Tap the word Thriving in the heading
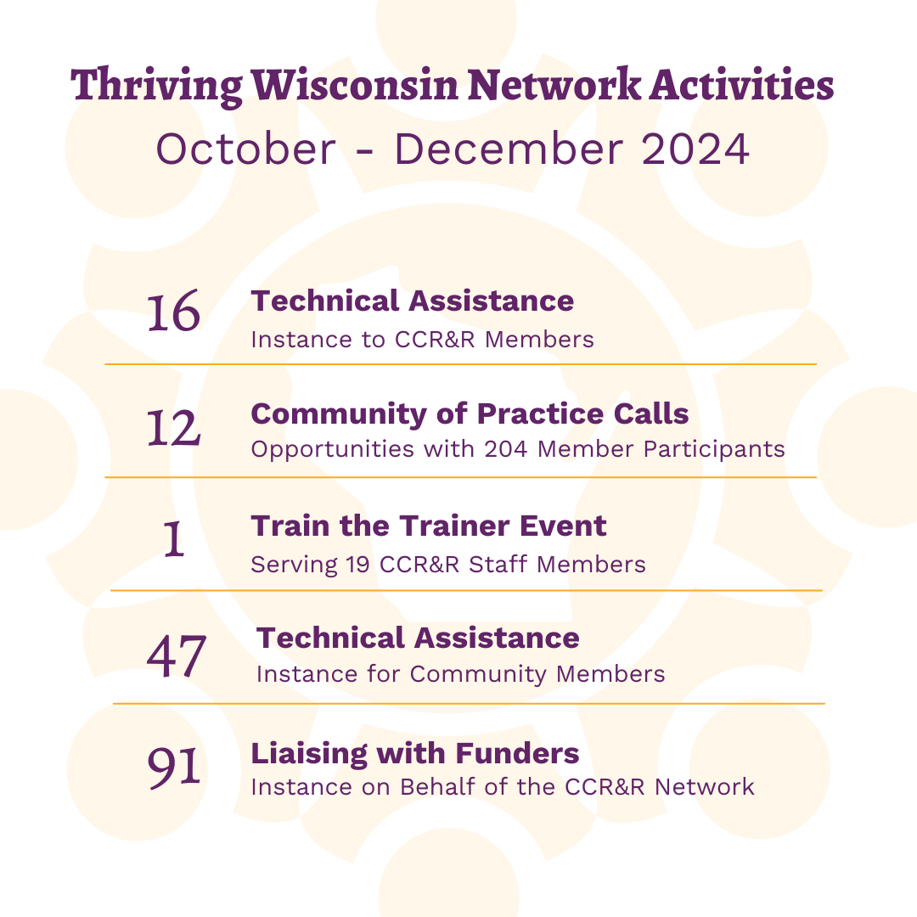(156, 87)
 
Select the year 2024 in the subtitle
(695, 149)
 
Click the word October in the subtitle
(245, 149)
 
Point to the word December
(509, 149)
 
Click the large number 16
(173, 312)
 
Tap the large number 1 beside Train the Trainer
(173, 538)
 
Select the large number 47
(176, 656)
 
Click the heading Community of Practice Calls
(470, 414)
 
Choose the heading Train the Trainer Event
(429, 526)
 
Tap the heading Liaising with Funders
(415, 753)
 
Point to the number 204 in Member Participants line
(506, 449)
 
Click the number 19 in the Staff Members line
(358, 565)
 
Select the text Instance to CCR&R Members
(422, 340)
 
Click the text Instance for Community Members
(461, 674)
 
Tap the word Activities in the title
(741, 85)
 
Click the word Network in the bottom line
(705, 787)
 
